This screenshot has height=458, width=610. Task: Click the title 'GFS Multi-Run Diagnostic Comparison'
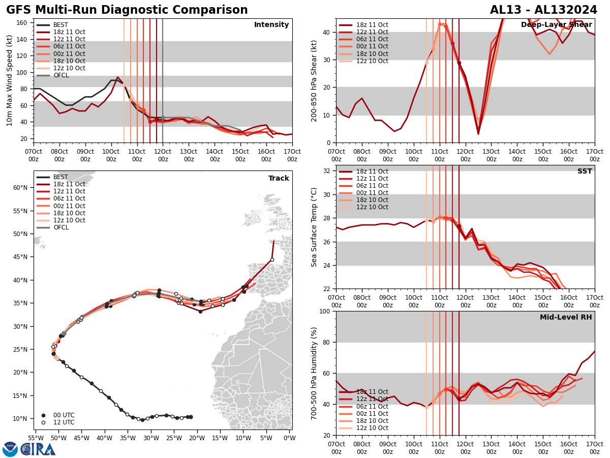pos(127,10)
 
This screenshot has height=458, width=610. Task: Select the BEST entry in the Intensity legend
pos(60,25)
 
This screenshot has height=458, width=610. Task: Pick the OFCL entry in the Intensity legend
pos(60,75)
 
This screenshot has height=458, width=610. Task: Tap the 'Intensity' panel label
pos(271,25)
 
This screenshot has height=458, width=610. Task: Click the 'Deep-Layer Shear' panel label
pos(556,25)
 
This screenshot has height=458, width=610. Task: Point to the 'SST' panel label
pos(585,171)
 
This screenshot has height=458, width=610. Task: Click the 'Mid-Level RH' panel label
pos(566,318)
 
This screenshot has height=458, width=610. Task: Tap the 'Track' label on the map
pos(279,179)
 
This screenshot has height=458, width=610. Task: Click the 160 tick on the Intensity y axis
pos(23,23)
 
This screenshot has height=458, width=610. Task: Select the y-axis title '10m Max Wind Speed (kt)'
pos(10,80)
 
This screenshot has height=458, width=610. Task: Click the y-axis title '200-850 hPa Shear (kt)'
pos(315,80)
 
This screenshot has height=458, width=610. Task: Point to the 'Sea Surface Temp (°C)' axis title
pos(315,227)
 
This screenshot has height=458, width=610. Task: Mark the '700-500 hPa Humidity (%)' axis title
pos(315,373)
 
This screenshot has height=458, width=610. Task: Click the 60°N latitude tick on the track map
pos(20,188)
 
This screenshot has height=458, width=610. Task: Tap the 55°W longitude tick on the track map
pos(35,438)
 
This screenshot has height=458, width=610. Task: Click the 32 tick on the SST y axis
pos(326,171)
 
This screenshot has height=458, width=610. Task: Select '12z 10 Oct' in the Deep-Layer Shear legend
pos(363,61)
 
